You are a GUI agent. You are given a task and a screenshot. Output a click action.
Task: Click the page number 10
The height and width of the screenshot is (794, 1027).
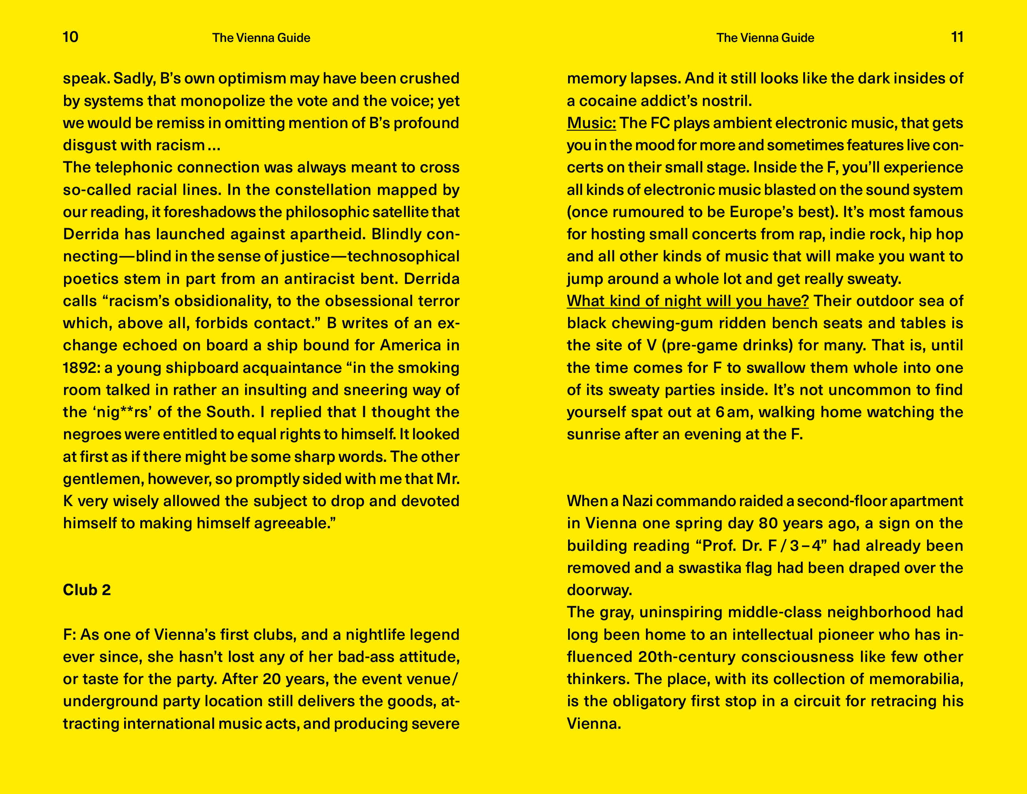coord(70,37)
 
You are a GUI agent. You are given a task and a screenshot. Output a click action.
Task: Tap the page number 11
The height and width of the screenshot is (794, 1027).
coord(957,37)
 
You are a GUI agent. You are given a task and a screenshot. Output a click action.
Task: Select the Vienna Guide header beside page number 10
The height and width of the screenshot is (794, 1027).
coord(261,38)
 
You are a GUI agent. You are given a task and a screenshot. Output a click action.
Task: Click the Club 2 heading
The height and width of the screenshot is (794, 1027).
coord(87,590)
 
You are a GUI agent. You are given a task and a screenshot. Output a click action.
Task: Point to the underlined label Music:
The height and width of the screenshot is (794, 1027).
coord(591,123)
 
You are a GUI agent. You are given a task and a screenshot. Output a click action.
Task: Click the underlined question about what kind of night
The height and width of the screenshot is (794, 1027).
coord(687,301)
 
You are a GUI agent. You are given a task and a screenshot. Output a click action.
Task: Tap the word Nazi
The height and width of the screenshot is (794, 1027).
coord(637,501)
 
